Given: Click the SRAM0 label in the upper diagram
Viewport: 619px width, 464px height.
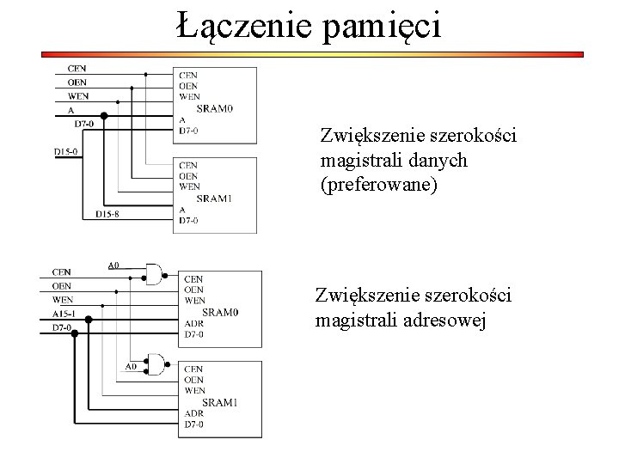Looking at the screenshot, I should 215,108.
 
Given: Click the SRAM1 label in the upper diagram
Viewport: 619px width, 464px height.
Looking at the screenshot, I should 214,198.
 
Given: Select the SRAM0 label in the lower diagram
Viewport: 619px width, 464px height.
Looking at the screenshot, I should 221,312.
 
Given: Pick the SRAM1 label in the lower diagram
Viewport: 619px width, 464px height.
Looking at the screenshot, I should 220,402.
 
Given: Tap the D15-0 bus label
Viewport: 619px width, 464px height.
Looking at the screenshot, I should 66,151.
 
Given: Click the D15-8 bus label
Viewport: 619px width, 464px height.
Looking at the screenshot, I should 107,213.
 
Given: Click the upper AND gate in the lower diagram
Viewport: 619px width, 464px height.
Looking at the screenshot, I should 155,273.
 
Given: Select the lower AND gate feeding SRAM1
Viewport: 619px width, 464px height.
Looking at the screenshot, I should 157,363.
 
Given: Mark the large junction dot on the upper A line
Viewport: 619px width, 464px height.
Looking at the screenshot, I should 104,114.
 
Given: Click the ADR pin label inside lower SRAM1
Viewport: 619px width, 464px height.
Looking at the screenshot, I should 193,413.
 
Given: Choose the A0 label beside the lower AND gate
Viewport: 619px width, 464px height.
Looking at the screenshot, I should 131,366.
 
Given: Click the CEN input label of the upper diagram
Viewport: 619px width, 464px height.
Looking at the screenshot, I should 77,68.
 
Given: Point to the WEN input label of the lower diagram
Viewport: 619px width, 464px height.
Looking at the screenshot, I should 63,300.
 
